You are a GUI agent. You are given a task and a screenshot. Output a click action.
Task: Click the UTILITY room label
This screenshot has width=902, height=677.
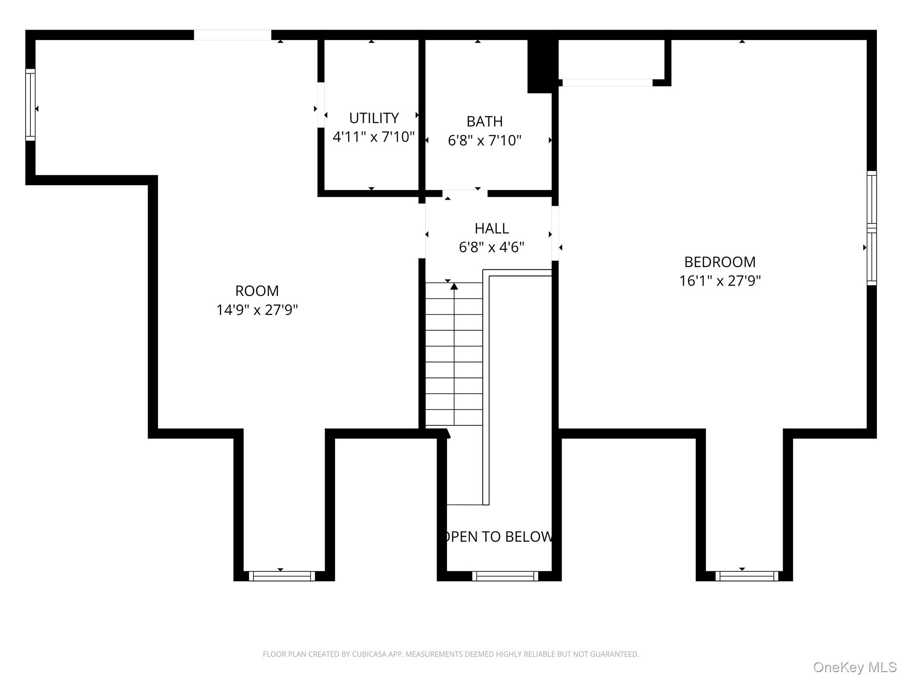click(x=373, y=118)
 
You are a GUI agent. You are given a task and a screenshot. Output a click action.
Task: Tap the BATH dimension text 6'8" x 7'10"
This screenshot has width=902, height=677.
click(x=484, y=140)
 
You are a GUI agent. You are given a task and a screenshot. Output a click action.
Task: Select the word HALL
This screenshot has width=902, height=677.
click(x=492, y=228)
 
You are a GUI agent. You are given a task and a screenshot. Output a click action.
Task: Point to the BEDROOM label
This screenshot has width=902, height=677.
click(x=720, y=262)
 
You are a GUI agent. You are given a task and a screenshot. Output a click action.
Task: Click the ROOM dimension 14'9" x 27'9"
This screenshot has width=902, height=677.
click(x=257, y=310)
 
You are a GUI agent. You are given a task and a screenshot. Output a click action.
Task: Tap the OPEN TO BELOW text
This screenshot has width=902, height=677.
click(x=498, y=536)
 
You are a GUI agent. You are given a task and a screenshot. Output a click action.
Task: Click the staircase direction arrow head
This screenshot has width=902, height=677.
click(x=454, y=286)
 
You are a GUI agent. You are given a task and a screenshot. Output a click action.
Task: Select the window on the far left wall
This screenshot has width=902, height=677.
click(x=30, y=105)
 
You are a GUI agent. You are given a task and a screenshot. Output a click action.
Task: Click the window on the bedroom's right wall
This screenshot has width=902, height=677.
click(x=872, y=228)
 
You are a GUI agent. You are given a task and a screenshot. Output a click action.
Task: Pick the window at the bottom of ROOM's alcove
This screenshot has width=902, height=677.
click(x=282, y=576)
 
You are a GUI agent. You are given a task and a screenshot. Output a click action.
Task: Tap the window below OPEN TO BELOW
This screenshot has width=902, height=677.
click(x=505, y=576)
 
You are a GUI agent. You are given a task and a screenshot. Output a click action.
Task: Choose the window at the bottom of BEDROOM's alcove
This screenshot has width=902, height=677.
click(x=747, y=576)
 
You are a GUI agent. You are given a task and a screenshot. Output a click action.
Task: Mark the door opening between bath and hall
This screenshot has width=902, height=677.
click(x=465, y=193)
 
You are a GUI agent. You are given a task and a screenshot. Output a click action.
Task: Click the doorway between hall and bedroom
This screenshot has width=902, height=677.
click(x=555, y=233)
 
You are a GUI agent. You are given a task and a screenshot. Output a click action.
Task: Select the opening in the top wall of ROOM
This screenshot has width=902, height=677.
click(x=233, y=35)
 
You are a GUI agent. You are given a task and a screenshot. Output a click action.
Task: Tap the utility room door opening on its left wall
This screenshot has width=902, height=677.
click(x=321, y=105)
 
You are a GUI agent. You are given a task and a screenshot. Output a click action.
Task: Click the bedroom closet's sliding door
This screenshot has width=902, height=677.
click(x=607, y=82)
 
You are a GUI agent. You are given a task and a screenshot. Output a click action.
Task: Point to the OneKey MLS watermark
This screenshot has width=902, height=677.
click(x=854, y=667)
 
